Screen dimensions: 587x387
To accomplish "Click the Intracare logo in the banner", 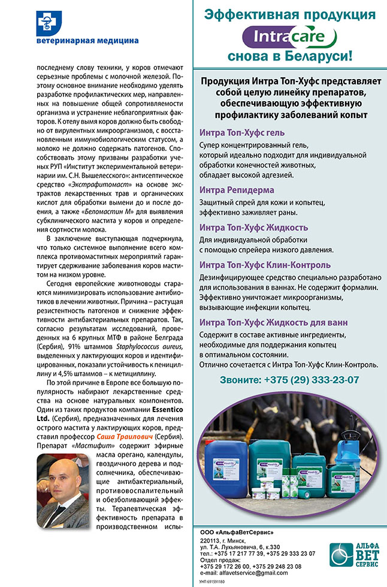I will (283, 38).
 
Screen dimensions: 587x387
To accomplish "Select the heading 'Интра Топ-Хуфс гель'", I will (242, 132).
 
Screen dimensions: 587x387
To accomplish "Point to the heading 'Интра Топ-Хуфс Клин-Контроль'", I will (265, 265).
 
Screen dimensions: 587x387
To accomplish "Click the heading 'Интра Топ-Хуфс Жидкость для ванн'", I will (273, 322).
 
